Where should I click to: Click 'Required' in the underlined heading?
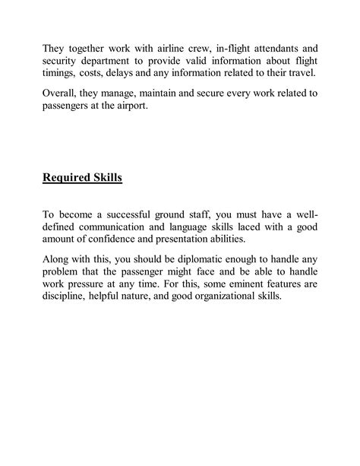(x=71, y=179)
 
